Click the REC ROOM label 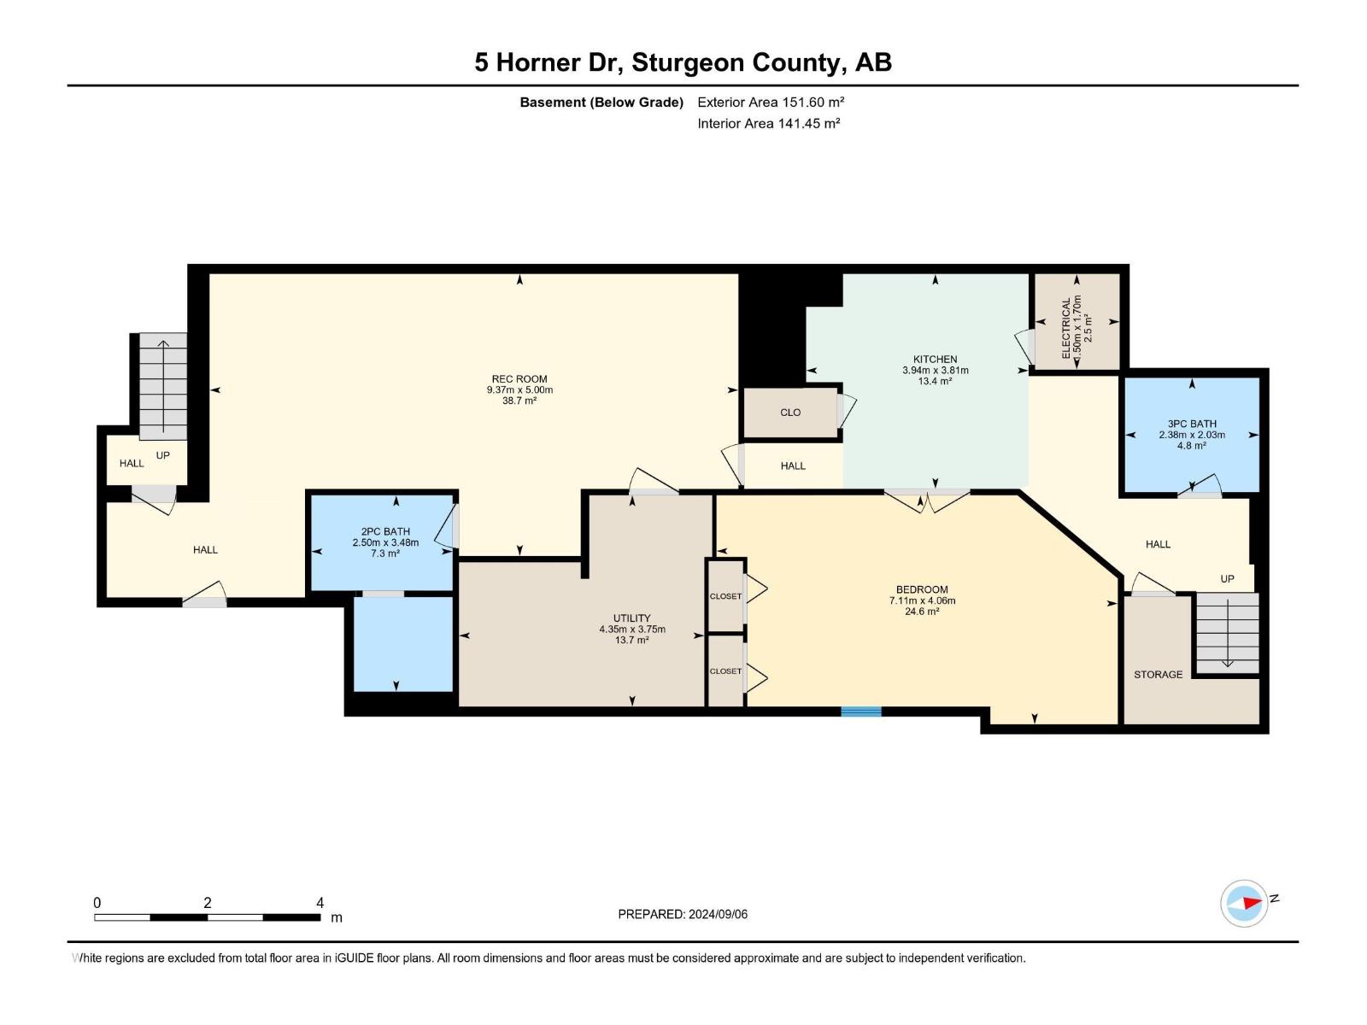point(519,379)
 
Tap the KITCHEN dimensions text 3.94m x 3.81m point(935,371)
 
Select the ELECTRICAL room point(1076,323)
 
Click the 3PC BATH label point(1191,424)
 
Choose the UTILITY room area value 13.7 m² point(631,640)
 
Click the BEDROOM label point(922,589)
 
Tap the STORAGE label point(1158,675)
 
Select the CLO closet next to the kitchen point(790,413)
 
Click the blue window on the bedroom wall point(860,711)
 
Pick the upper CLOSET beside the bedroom point(725,596)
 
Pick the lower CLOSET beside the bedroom point(725,671)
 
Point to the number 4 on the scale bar point(320,903)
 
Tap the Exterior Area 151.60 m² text point(771,102)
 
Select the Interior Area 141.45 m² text point(768,124)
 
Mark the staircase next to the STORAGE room point(1227,632)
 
